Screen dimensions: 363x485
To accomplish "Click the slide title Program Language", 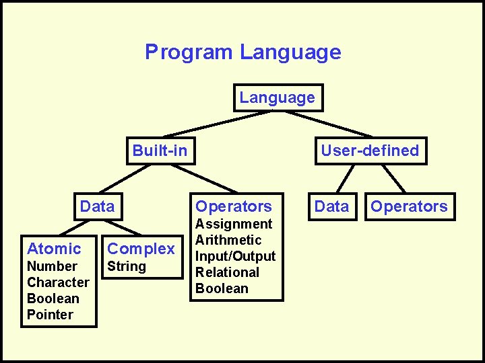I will coord(243,52).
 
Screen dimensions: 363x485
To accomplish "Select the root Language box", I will coord(277,97).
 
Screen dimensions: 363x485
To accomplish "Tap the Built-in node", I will coord(160,151).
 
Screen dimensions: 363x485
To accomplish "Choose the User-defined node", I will coord(369,151).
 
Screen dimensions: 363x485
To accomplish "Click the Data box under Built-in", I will coord(98,206).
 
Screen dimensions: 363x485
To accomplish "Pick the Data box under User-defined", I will coord(332,206).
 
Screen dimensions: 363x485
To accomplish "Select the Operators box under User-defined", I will coord(409,206).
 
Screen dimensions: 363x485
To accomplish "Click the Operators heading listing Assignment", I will coord(234,206).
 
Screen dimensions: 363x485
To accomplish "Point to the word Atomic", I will coord(54,249).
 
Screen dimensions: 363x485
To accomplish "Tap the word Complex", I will coord(141,249).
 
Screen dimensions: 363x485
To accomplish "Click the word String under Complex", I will coord(127,266).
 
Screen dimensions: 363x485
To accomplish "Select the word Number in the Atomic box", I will coord(52,266).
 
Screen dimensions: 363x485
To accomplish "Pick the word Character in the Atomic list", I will coord(58,282).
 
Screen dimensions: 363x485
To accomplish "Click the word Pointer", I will coord(50,315).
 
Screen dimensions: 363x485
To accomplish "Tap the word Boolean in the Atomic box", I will coord(53,298).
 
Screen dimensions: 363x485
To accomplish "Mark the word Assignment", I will coord(234,224).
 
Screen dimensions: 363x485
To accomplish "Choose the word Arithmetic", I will coord(228,240).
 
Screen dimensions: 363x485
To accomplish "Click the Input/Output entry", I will coord(235,256).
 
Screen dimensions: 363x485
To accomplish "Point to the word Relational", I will coord(227,272).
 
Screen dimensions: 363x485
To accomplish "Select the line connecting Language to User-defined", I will coord(323,124).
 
